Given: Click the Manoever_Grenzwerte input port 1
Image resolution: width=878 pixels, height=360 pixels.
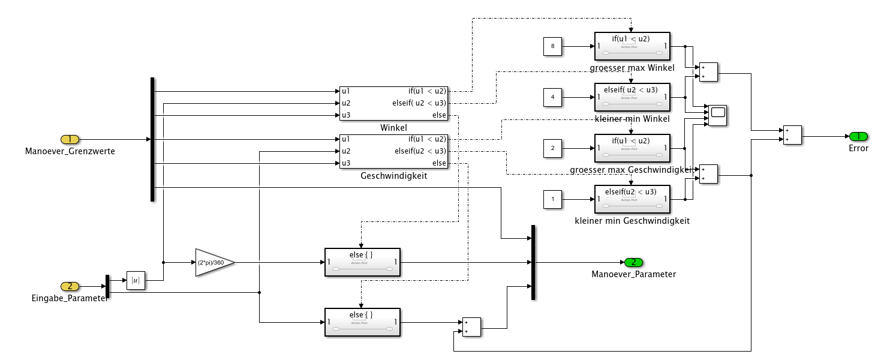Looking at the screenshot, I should click(x=70, y=139).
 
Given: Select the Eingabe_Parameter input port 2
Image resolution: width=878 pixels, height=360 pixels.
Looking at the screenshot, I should click(x=70, y=286).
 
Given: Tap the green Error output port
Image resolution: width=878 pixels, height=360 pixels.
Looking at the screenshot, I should click(x=858, y=136).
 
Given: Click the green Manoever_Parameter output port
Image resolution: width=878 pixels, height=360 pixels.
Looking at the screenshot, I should click(x=633, y=262).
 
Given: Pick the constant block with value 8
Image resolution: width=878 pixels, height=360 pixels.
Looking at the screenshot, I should click(x=552, y=46).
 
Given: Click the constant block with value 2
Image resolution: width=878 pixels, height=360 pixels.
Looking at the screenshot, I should click(x=552, y=148).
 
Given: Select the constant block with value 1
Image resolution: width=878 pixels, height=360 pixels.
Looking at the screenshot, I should click(x=552, y=199).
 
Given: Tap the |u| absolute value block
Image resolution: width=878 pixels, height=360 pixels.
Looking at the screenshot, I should click(x=136, y=280).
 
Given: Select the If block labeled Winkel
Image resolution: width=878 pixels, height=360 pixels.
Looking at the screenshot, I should click(x=393, y=103).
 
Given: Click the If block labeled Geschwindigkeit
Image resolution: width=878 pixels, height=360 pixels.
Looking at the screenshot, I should click(x=393, y=151).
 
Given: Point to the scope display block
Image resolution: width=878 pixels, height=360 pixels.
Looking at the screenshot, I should click(x=717, y=115).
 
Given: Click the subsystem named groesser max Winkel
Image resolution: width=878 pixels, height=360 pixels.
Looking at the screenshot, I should click(x=632, y=46).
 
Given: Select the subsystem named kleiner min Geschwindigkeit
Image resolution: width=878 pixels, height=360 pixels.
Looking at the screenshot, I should click(x=632, y=199).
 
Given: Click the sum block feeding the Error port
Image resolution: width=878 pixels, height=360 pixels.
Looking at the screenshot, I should click(x=792, y=136).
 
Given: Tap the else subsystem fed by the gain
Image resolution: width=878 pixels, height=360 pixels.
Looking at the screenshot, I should click(x=362, y=262).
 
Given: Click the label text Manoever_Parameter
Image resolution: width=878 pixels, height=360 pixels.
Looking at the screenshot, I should click(x=633, y=274).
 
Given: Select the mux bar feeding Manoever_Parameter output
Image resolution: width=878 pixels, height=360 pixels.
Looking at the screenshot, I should click(x=533, y=262).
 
